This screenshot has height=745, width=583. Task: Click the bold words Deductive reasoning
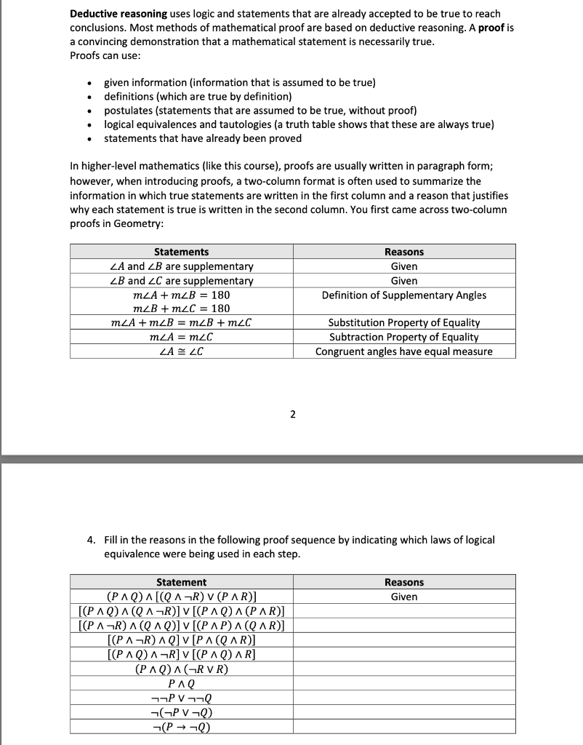[118, 14]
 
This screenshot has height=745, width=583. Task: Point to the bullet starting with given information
[239, 83]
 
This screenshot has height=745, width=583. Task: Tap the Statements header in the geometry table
[181, 252]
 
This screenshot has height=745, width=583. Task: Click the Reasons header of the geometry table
[403, 252]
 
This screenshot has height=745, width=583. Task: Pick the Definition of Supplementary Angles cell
[403, 295]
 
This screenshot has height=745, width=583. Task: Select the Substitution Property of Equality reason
[403, 322]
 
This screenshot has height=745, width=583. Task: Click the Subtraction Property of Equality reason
[403, 337]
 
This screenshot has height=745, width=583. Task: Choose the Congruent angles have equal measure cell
[403, 351]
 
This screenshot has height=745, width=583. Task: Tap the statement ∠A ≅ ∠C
[181, 351]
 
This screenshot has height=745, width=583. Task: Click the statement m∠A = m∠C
[181, 337]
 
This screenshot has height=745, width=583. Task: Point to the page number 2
[292, 415]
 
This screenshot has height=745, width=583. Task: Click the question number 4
[90, 540]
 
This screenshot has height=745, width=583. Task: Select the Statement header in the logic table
[181, 582]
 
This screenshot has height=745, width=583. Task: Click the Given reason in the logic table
[403, 597]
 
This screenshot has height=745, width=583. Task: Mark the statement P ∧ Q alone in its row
[181, 683]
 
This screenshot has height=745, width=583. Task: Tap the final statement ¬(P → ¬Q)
[181, 727]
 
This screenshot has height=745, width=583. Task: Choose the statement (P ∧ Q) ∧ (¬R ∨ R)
[181, 669]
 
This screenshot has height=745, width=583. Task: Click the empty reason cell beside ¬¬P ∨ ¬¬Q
[403, 698]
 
